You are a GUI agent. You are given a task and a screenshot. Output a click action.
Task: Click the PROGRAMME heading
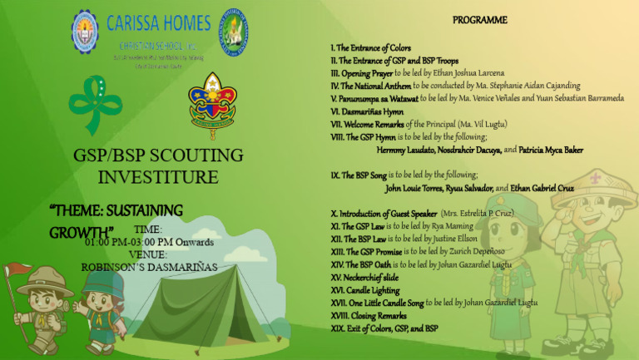pyautogui.click(x=479, y=20)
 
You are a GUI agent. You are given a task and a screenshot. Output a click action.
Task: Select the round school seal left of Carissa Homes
pyautogui.click(x=84, y=31)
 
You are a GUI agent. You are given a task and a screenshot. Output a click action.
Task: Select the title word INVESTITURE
pyautogui.click(x=158, y=177)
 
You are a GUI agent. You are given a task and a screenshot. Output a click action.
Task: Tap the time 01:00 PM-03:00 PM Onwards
pyautogui.click(x=149, y=242)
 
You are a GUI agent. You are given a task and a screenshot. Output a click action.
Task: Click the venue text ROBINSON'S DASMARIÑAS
pyautogui.click(x=149, y=267)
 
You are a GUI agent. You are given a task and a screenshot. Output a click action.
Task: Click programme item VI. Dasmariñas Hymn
pyautogui.click(x=367, y=111)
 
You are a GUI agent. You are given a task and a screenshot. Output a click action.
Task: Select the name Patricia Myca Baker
pyautogui.click(x=551, y=150)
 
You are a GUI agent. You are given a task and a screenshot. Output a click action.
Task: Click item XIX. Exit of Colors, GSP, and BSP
pyautogui.click(x=384, y=328)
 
